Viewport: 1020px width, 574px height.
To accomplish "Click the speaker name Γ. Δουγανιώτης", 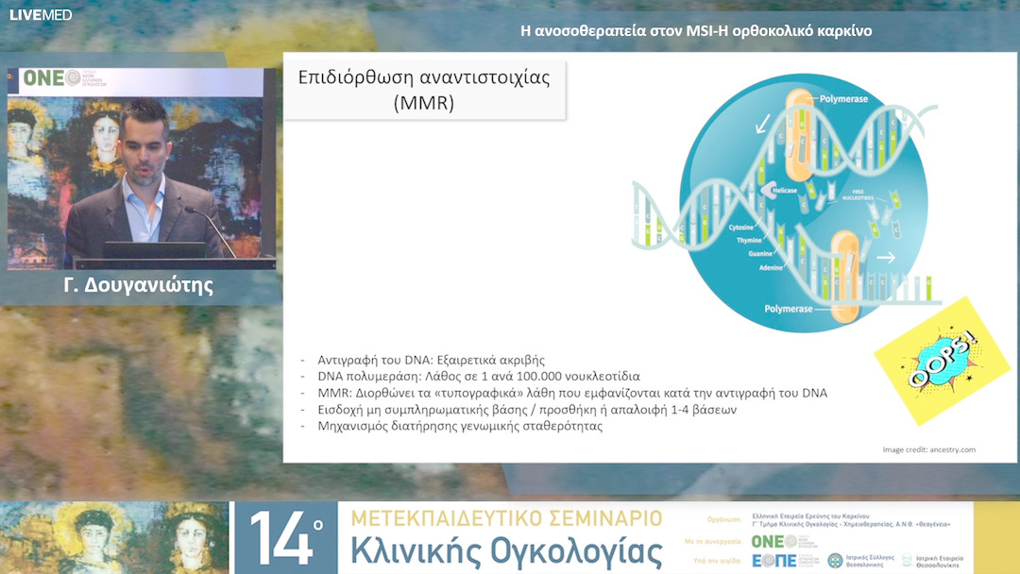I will tap(139, 285).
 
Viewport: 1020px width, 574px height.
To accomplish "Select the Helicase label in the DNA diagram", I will tap(756, 190).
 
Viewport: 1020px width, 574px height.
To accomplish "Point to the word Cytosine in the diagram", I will tap(741, 228).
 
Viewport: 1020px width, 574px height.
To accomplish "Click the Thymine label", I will tap(748, 241).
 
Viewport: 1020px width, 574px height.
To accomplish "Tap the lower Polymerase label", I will tap(788, 308).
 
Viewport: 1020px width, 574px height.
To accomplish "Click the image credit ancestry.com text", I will tap(928, 449).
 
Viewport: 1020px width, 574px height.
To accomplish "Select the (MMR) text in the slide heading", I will tap(423, 102).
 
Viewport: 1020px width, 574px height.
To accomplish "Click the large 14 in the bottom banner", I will tap(286, 538).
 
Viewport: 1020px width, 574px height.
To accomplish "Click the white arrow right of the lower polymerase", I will tap(885, 256).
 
